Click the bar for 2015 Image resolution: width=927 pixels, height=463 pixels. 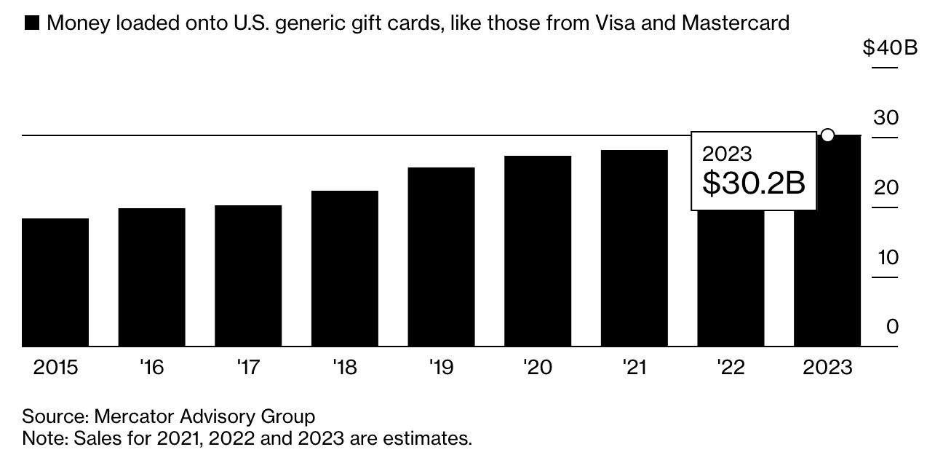(x=55, y=282)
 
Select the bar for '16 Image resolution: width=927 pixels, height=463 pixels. (x=151, y=277)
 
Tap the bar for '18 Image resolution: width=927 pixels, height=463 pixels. (x=344, y=269)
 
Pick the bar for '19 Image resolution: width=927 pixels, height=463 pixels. (x=441, y=257)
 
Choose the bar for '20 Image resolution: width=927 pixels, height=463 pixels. (x=538, y=251)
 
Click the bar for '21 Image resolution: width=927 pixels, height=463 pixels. (x=634, y=248)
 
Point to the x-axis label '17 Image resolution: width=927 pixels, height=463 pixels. (x=248, y=368)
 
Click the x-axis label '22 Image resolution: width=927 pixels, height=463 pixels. (x=731, y=368)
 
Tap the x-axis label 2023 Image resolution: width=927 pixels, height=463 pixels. (x=827, y=368)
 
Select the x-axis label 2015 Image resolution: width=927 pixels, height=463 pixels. (x=55, y=368)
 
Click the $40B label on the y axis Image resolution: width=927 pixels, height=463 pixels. (x=880, y=48)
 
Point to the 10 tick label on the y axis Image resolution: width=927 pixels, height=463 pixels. (x=887, y=258)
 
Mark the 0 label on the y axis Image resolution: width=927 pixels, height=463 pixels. (x=892, y=327)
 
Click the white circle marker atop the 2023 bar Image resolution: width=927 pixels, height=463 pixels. (x=827, y=135)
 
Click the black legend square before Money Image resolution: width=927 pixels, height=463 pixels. (x=32, y=24)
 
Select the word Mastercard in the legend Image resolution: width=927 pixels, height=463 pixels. (x=735, y=23)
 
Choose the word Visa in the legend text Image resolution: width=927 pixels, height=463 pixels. (x=617, y=23)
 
